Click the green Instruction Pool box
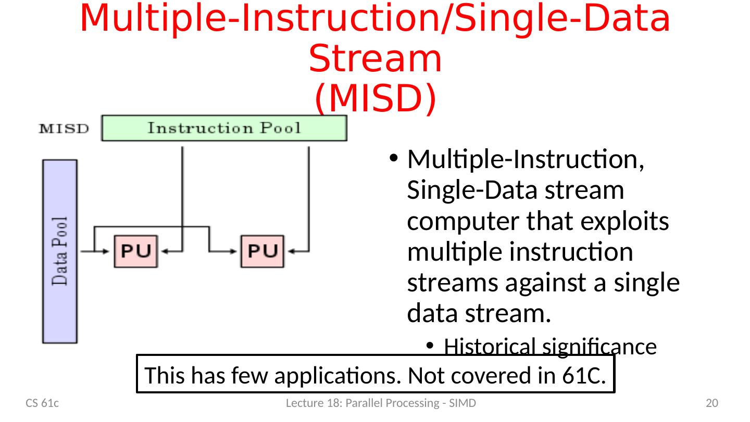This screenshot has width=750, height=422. click(x=224, y=128)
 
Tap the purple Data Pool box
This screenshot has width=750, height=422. click(x=59, y=251)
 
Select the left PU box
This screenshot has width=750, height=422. click(x=135, y=251)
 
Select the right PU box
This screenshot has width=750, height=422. click(x=262, y=251)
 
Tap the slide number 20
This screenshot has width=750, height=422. click(x=711, y=403)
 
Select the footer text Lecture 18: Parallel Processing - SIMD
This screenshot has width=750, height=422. click(x=381, y=403)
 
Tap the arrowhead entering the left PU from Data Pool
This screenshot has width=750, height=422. click(x=107, y=251)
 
